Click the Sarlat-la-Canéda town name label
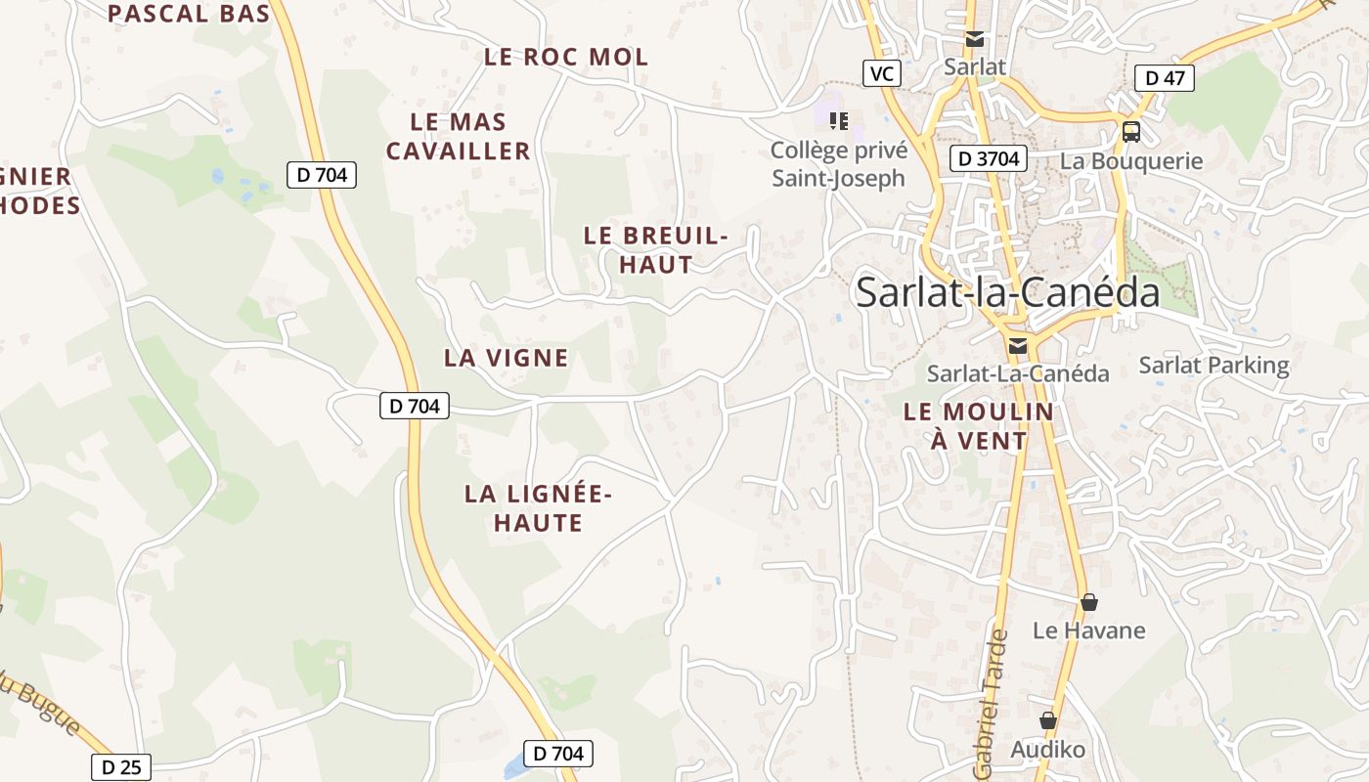pyautogui.click(x=1007, y=292)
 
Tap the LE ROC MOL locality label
pyautogui.click(x=566, y=57)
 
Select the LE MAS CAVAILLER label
pyautogui.click(x=459, y=137)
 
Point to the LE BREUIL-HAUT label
pyautogui.click(x=656, y=249)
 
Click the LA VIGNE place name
pyautogui.click(x=506, y=358)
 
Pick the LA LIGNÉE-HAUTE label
pyautogui.click(x=538, y=508)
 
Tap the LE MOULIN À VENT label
pyautogui.click(x=979, y=426)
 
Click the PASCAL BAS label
pyautogui.click(x=188, y=13)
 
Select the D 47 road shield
pyautogui.click(x=1165, y=78)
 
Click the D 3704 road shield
pyautogui.click(x=988, y=158)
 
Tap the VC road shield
pyautogui.click(x=882, y=73)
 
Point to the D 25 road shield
pyautogui.click(x=121, y=767)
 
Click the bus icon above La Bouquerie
pyautogui.click(x=1131, y=131)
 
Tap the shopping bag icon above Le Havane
pyautogui.click(x=1088, y=602)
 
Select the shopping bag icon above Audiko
pyautogui.click(x=1048, y=721)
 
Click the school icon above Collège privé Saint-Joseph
pyautogui.click(x=838, y=121)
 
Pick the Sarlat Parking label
pyautogui.click(x=1214, y=366)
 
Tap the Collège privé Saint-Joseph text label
pyautogui.click(x=839, y=164)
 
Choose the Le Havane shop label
pyautogui.click(x=1088, y=630)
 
